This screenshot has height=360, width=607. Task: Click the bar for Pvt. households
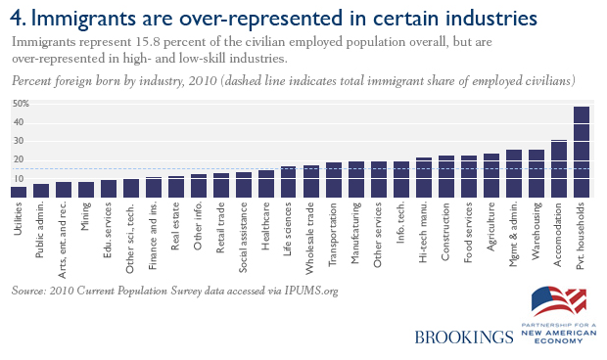point(581,152)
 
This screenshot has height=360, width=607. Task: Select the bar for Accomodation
point(558,168)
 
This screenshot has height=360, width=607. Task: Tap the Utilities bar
point(19,192)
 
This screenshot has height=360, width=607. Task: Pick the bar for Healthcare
point(266,184)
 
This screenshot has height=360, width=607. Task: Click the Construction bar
point(446,176)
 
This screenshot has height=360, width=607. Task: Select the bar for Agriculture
point(491,175)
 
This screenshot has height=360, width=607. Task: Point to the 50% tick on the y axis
point(21,104)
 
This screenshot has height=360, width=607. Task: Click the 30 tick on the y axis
point(19,141)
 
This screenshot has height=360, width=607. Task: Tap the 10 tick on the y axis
point(19,178)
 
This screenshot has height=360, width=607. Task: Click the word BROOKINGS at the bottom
point(463,337)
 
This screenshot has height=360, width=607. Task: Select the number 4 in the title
point(17,18)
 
